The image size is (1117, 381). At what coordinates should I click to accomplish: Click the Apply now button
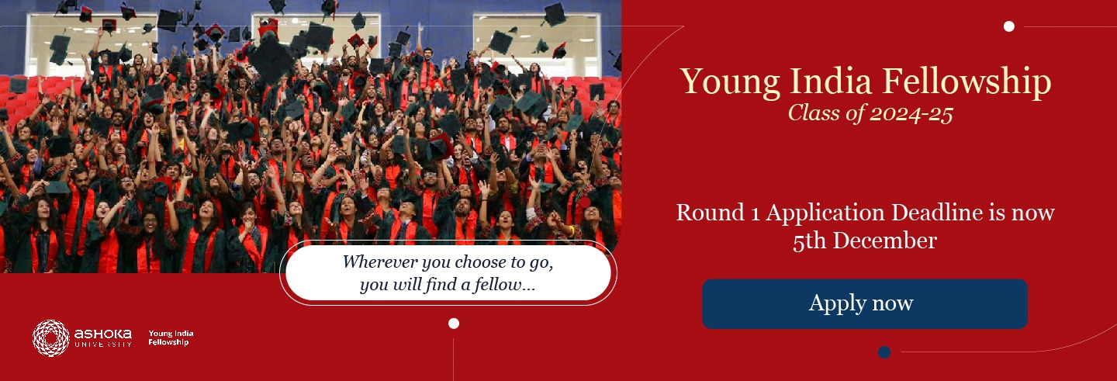pos(865,303)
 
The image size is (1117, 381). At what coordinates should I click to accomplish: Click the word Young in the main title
pos(730,82)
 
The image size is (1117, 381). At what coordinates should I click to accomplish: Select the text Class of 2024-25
pos(870,113)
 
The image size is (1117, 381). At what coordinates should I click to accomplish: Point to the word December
pos(884,241)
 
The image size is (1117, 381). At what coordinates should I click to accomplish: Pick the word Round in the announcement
pos(710,213)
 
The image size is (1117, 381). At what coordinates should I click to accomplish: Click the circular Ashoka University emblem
pos(51,338)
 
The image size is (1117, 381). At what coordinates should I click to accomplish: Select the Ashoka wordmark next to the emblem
pos(102,334)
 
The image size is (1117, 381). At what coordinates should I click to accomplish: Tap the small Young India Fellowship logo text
pos(171,338)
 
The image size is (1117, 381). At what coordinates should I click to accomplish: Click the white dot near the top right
pos(1008,26)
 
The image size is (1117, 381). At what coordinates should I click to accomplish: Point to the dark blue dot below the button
pos(884,352)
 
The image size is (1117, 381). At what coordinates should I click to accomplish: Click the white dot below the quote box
pos(453,323)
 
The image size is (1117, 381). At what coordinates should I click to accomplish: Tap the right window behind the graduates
pos(536,44)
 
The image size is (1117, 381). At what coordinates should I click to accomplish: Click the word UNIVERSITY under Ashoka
pos(103,344)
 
